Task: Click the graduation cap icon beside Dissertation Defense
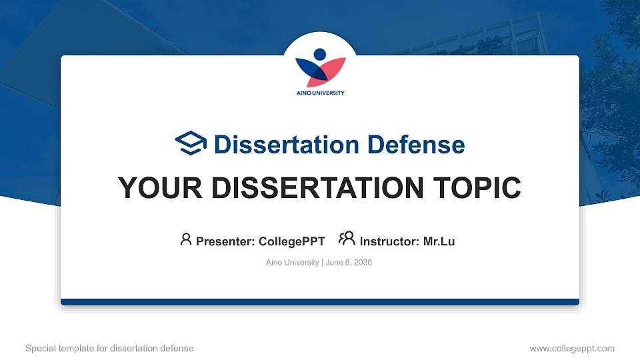point(191,143)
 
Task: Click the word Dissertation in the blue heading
point(287,145)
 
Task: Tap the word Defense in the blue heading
point(416,145)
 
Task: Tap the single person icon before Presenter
point(186,239)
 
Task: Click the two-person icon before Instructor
point(347,239)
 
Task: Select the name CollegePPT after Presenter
point(292,241)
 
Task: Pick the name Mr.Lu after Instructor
point(439,241)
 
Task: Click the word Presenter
point(225,241)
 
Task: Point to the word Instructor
point(389,241)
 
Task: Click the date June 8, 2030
point(349,263)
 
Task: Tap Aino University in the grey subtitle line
point(292,263)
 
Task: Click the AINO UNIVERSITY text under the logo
point(321,93)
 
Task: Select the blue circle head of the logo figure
point(320,54)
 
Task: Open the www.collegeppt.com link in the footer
point(572,348)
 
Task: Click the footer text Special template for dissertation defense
point(109,348)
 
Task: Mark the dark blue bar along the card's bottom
point(320,302)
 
